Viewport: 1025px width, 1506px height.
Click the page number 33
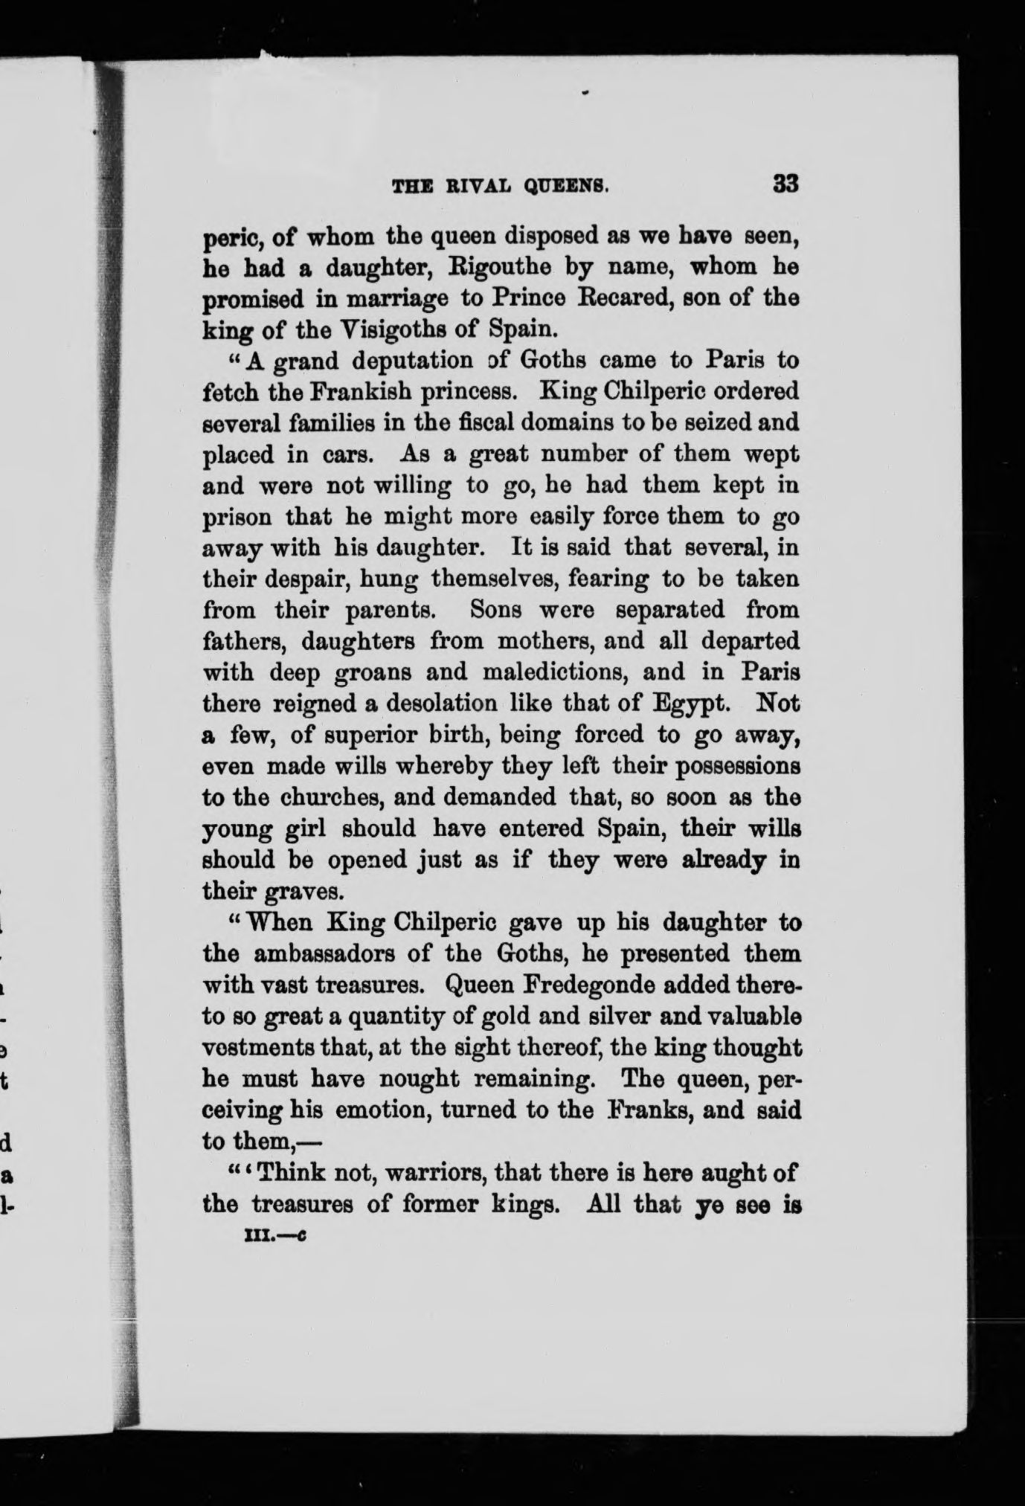785,183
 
